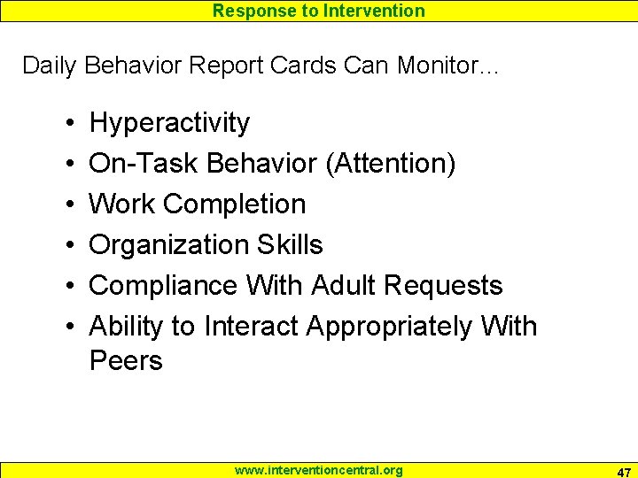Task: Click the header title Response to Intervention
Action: [x=319, y=11]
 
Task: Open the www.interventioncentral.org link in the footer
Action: [x=318, y=470]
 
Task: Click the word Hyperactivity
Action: [x=169, y=123]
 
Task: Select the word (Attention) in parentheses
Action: [x=391, y=164]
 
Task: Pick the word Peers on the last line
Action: [x=126, y=361]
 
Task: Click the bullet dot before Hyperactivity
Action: [x=68, y=124]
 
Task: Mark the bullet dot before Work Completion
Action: [x=68, y=205]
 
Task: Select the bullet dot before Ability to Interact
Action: [x=68, y=328]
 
